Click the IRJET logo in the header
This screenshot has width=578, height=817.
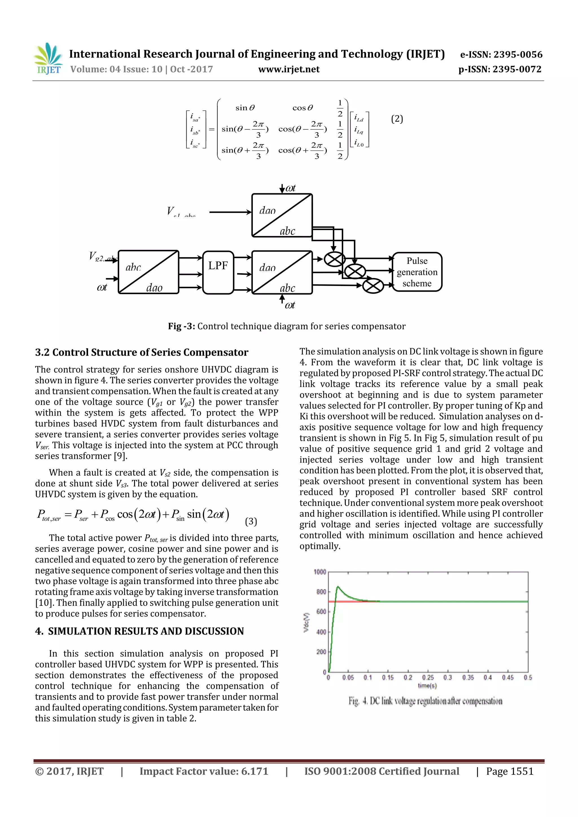coord(48,59)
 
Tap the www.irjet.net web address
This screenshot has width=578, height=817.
coord(289,69)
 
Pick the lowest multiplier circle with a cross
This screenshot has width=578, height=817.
coord(373,286)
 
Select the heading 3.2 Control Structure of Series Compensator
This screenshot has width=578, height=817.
coord(141,352)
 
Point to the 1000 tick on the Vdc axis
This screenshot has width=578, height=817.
coord(319,572)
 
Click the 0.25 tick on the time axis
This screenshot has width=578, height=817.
coord(428,677)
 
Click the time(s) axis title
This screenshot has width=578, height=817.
coord(427,685)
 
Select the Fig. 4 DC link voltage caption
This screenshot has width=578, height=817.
coord(425,701)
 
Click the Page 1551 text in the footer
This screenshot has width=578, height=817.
coord(510,771)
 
